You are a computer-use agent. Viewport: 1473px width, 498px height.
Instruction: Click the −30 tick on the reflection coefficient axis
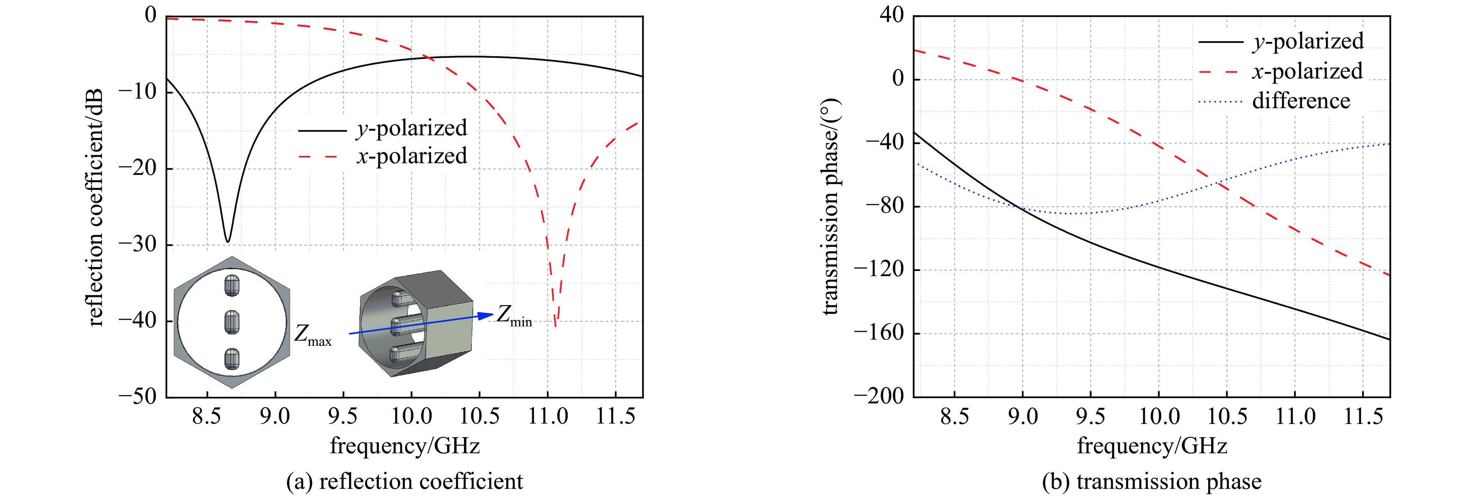coord(137,245)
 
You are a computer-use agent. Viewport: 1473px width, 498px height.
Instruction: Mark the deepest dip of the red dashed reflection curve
coord(555,325)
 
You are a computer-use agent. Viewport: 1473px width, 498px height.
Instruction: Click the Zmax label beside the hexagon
coord(312,335)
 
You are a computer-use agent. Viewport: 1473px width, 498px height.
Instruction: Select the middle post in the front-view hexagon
coord(231,322)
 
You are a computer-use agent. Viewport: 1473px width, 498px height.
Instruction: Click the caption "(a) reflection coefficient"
coord(404,481)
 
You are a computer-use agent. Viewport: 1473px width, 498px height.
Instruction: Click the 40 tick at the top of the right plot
coord(891,15)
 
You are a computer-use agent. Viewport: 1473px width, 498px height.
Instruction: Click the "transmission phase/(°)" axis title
coord(830,207)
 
